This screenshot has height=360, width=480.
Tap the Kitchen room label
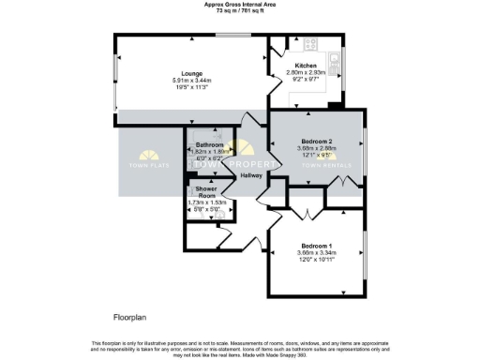[x=307, y=66]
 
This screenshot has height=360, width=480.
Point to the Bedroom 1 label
[x=315, y=245]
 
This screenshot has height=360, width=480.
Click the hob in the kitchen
[x=309, y=43]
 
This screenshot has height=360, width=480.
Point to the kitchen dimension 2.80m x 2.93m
[x=307, y=73]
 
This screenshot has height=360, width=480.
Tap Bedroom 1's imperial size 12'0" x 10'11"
[x=315, y=260]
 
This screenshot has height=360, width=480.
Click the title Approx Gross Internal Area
[x=240, y=4]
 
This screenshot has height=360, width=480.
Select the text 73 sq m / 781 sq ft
[x=240, y=10]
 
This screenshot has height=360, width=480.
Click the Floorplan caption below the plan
[x=131, y=319]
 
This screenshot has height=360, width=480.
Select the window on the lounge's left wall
[x=115, y=76]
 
